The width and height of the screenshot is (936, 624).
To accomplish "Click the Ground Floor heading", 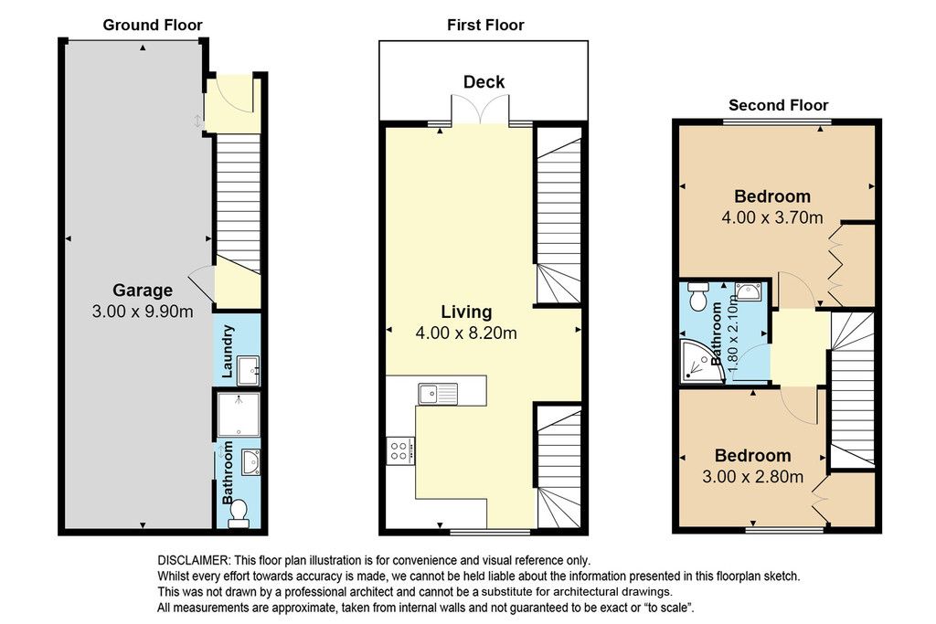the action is [x=153, y=25].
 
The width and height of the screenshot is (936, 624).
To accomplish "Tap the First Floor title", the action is [x=485, y=25].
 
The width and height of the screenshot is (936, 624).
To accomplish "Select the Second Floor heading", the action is [x=779, y=106].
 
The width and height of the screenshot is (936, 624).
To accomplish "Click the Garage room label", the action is [x=143, y=291].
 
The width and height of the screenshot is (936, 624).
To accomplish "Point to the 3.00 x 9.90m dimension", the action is [x=143, y=312].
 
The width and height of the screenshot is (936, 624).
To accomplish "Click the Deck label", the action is [x=484, y=81].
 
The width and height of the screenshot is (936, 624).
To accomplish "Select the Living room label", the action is [x=467, y=312].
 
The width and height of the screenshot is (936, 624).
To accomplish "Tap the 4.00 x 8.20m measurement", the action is [x=466, y=333].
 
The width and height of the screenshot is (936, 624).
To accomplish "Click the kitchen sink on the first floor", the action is [x=438, y=394].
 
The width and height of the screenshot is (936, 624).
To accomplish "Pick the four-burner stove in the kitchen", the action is [x=400, y=450].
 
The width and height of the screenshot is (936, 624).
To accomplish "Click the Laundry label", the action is [x=227, y=352].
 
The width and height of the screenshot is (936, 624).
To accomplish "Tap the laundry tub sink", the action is [x=248, y=370].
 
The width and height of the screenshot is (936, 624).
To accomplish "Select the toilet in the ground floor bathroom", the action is [x=239, y=513].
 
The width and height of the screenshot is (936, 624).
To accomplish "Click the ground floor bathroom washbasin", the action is [x=251, y=462].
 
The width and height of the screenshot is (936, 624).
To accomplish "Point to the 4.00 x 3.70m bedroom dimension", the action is [x=772, y=217].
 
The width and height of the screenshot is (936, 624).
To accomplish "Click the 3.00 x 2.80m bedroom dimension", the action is [x=753, y=477].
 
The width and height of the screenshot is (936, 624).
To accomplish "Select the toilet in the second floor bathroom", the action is [x=697, y=296].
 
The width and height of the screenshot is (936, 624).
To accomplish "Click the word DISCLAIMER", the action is [x=194, y=561].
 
